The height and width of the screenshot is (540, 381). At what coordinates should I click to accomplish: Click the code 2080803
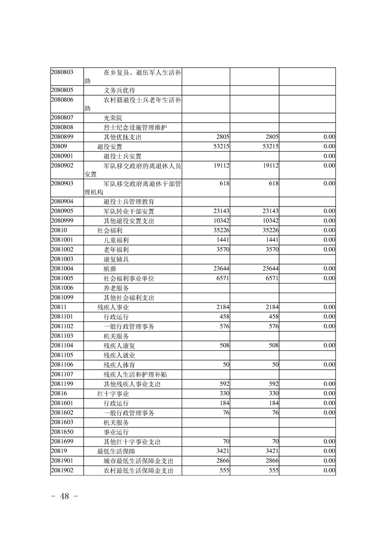pyautogui.click(x=62, y=73)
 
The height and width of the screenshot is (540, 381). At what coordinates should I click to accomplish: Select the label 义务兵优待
pyautogui.click(x=119, y=90)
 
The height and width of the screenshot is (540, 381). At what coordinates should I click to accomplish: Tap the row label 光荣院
pyautogui.click(x=113, y=118)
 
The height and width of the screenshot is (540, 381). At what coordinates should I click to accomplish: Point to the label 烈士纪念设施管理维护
pyautogui.click(x=135, y=128)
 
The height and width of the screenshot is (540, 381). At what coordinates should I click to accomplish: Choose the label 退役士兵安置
pyautogui.click(x=122, y=156)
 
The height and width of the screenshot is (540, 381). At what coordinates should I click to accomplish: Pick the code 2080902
pyautogui.click(x=62, y=165)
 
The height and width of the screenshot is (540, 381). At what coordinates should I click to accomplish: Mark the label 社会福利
pyautogui.click(x=110, y=231)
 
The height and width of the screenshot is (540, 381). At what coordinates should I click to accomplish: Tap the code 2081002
pyautogui.click(x=62, y=249)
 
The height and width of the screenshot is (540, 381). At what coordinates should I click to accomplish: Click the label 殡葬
pyautogui.click(x=110, y=269)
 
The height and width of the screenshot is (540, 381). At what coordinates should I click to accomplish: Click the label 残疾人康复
pyautogui.click(x=119, y=346)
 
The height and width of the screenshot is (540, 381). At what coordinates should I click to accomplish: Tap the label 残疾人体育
pyautogui.click(x=119, y=365)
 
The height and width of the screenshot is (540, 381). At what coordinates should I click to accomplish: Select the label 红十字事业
pyautogui.click(x=113, y=394)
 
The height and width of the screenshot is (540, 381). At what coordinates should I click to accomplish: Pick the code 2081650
pyautogui.click(x=62, y=432)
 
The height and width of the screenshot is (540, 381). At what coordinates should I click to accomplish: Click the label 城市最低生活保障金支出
pyautogui.click(x=138, y=461)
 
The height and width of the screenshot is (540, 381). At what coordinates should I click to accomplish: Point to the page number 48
pyautogui.click(x=64, y=497)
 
